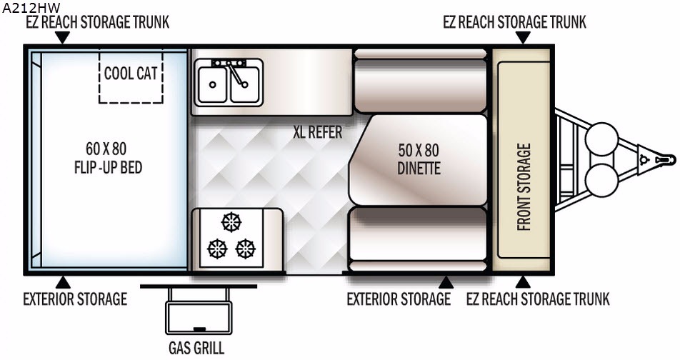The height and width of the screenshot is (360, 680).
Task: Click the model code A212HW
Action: [30, 8]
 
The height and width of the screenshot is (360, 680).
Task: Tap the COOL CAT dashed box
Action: [131, 74]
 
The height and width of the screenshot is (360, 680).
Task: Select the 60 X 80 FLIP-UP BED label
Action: [105, 159]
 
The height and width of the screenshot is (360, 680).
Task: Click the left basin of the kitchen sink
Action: [212, 84]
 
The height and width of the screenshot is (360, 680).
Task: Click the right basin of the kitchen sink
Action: [244, 84]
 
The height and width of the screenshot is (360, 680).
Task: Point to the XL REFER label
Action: [317, 132]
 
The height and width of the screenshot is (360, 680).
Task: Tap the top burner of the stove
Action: [231, 222]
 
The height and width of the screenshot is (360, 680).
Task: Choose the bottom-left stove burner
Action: [216, 248]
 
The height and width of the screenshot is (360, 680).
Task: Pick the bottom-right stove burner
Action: [246, 248]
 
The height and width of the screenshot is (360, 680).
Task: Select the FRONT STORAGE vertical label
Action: [524, 187]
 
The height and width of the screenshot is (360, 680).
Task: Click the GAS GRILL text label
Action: [197, 349]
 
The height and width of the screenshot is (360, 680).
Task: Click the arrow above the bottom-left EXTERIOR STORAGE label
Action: [62, 280]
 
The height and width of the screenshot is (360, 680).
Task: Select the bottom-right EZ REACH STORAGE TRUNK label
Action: [538, 299]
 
